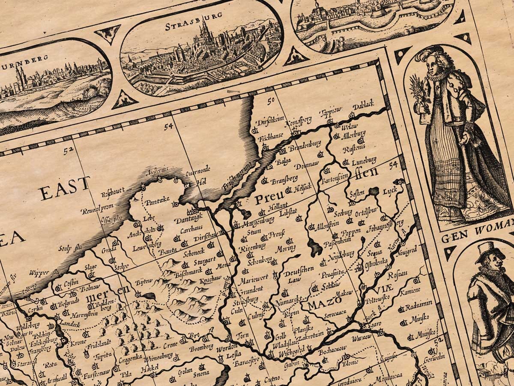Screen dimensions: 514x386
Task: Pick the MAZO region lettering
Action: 320,305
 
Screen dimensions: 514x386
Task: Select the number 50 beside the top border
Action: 270,101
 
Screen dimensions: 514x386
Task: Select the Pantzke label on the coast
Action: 157,202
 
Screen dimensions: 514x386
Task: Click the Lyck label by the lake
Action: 390,190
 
